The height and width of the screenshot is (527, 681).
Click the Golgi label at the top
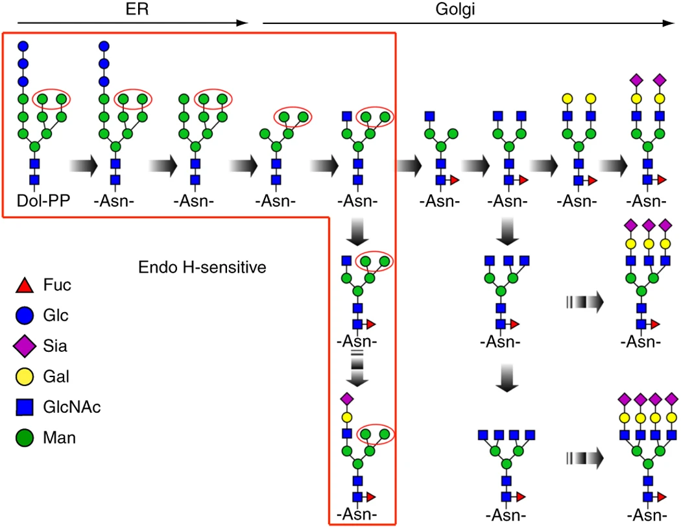pos(464,8)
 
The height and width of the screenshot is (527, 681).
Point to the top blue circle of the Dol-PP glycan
pos(23,46)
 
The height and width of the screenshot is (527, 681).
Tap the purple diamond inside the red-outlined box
pos(346,398)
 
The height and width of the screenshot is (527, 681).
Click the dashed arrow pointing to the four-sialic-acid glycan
pos(584,458)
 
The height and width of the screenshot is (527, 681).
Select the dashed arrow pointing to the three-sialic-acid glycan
pos(584,302)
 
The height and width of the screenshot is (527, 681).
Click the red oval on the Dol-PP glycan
pos(52,99)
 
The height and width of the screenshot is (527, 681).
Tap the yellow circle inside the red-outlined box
pos(346,415)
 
